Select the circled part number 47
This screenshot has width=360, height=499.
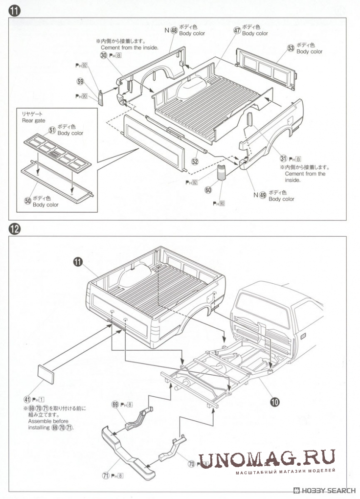point(237,30)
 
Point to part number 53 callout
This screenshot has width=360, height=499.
point(291,48)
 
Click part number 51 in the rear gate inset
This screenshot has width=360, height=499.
point(52,130)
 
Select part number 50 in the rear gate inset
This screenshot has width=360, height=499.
point(28,201)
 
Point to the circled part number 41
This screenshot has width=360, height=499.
point(27,399)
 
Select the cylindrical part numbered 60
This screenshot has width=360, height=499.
point(223,173)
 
